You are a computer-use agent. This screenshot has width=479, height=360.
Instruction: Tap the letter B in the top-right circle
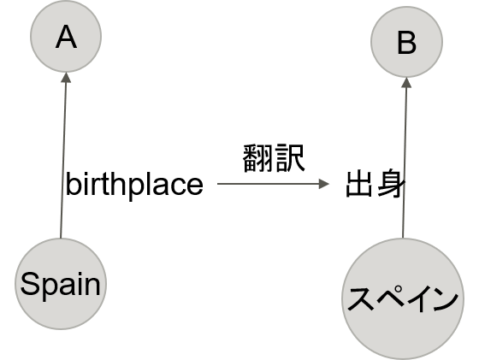[x=406, y=43]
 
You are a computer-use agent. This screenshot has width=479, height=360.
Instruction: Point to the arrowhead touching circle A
[x=65, y=78]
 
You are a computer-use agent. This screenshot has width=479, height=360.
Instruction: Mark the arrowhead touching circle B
[x=406, y=83]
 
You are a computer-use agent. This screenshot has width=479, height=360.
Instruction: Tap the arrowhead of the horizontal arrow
[x=324, y=184]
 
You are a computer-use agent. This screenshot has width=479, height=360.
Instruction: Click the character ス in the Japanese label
[x=359, y=299]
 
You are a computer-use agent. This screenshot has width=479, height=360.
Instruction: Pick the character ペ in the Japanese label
[x=389, y=299]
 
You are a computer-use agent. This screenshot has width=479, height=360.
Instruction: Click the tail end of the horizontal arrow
[x=219, y=184]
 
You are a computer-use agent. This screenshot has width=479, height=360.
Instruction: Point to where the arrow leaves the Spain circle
[x=62, y=238]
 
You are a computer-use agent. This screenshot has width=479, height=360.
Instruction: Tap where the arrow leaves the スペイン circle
[x=403, y=238]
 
